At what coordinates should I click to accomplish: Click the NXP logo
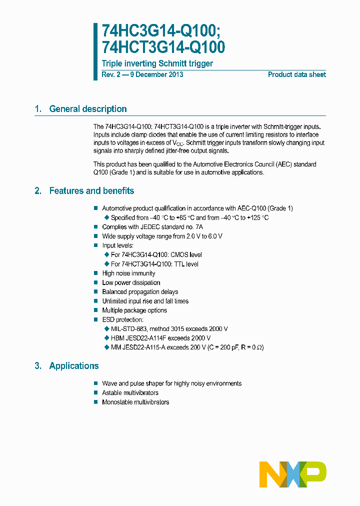(293, 474)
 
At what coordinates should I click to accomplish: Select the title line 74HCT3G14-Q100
(163, 47)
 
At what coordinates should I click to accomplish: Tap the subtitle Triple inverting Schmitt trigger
(157, 63)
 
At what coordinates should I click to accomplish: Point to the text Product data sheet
(296, 74)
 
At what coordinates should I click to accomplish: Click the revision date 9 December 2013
(156, 74)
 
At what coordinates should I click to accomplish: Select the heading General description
(87, 109)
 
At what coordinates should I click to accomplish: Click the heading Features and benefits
(91, 190)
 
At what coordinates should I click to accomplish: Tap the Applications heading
(74, 365)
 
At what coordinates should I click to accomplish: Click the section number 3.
(37, 365)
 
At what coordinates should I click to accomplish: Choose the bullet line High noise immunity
(128, 273)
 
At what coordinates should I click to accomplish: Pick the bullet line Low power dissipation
(131, 282)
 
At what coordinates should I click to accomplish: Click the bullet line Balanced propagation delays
(140, 292)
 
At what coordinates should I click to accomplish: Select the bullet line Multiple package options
(134, 310)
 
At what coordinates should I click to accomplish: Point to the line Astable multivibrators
(130, 393)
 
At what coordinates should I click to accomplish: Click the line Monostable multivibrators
(135, 402)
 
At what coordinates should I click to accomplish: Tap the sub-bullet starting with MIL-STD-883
(169, 329)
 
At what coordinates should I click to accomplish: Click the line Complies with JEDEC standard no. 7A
(152, 227)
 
